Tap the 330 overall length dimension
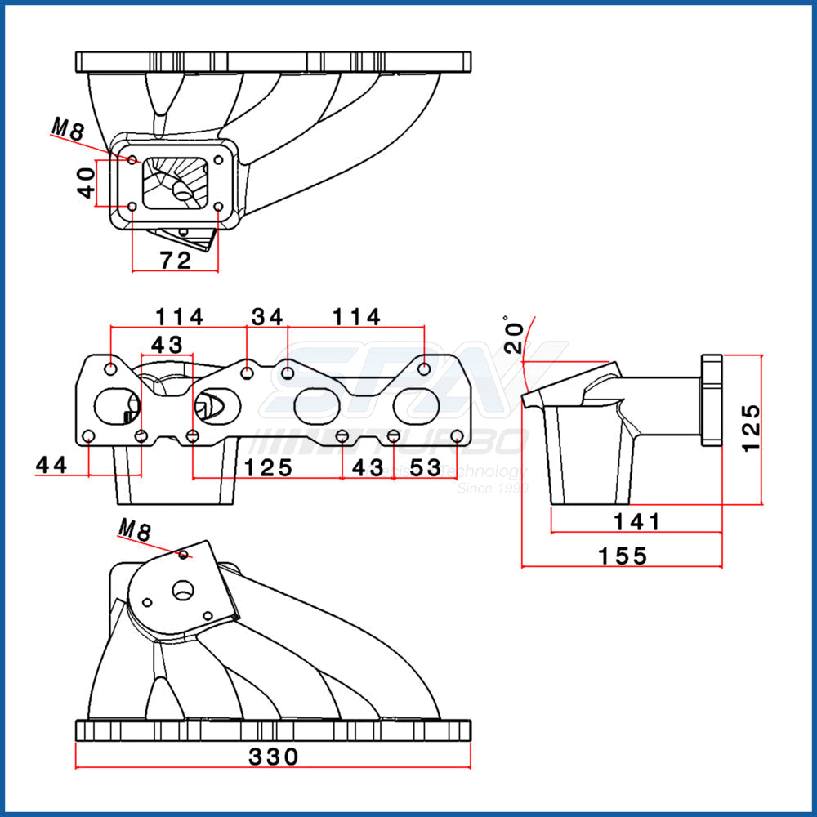click(273, 757)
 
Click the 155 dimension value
click(623, 556)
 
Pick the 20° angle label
click(512, 334)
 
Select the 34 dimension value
click(266, 315)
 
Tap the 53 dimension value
click(425, 467)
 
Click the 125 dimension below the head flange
click(268, 467)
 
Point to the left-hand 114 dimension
click(180, 315)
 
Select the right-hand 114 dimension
click(356, 315)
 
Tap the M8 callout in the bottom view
click(135, 529)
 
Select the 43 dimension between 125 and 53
click(367, 467)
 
